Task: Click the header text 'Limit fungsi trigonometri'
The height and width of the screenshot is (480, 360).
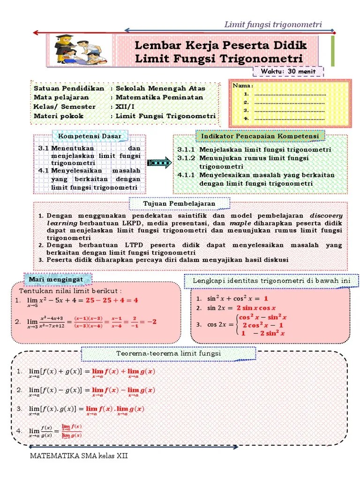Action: pos(273,24)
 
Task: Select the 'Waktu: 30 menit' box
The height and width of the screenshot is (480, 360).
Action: pos(288,71)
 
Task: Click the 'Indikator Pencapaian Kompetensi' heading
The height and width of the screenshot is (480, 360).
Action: pos(260,136)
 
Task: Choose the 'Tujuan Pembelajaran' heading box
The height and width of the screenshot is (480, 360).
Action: pos(180,203)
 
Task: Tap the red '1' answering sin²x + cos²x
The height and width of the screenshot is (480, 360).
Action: pos(266,298)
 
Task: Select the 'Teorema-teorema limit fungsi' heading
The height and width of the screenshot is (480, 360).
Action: pos(169,353)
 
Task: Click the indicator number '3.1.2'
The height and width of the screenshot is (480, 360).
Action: pos(186,158)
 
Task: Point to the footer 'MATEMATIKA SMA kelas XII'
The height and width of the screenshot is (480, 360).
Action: pos(79,456)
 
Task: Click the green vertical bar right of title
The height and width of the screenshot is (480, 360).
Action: pos(333,50)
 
